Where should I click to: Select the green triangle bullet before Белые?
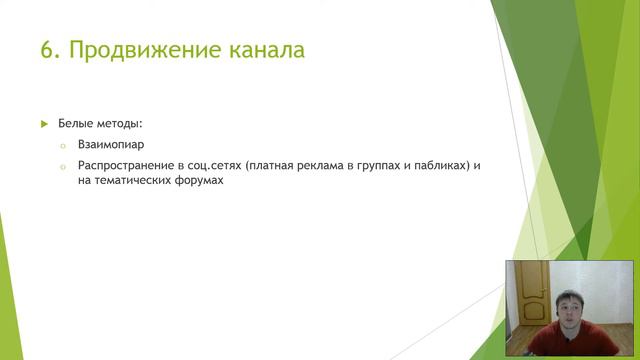coord(44,123)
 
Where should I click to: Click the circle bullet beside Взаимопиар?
coord(61,145)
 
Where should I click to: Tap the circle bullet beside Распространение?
coord(61,165)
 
